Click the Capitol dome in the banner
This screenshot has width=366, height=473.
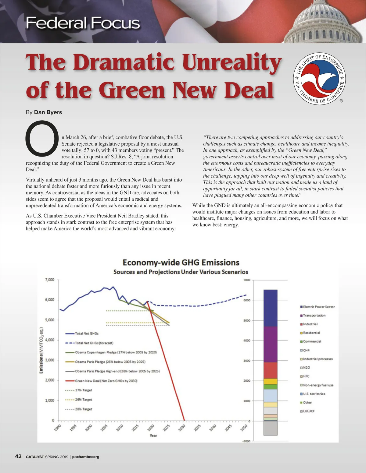coord(324,23)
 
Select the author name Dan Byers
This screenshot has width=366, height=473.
coord(48,112)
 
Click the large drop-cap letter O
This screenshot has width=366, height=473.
coord(42,138)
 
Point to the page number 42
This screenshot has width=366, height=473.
coord(18,456)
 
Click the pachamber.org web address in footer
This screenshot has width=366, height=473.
coord(86,457)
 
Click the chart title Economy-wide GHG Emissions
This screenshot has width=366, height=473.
coord(181,263)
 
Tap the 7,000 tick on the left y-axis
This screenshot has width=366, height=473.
coord(49,280)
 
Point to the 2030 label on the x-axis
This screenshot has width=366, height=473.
coord(182,428)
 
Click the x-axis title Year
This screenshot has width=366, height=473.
coord(153,436)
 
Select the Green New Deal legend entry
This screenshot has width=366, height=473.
coord(106,381)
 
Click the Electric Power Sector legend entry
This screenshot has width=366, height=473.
coord(319,307)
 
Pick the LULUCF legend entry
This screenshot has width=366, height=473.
coord(309,411)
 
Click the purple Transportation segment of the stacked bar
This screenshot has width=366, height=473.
coord(270,344)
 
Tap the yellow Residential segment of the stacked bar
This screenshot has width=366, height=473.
coord(270,381)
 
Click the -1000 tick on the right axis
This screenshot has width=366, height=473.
coord(246,441)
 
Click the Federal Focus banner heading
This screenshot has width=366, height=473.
coord(83,23)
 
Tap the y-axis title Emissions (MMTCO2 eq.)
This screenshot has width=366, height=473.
coord(41,350)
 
